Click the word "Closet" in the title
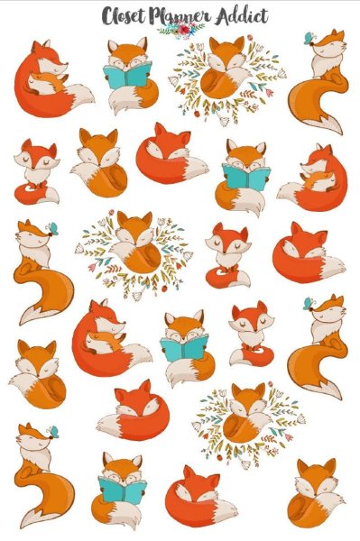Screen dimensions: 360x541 coord(122,16)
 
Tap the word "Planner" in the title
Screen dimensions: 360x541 coord(180,17)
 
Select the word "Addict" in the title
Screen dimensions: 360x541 coord(242,16)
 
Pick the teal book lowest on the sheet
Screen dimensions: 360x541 coord(122,490)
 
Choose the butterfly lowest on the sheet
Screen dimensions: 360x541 coord(53,432)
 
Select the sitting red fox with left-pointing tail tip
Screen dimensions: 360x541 coord(252,333)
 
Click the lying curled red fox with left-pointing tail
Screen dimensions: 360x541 coord(134,410)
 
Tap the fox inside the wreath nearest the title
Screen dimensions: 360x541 coord(226,69)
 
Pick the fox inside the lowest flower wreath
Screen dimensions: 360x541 coord(247,413)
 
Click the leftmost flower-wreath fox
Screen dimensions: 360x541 coord(135,243)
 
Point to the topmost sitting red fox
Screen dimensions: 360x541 coord(37,172)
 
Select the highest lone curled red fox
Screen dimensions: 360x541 coord(171,154)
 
